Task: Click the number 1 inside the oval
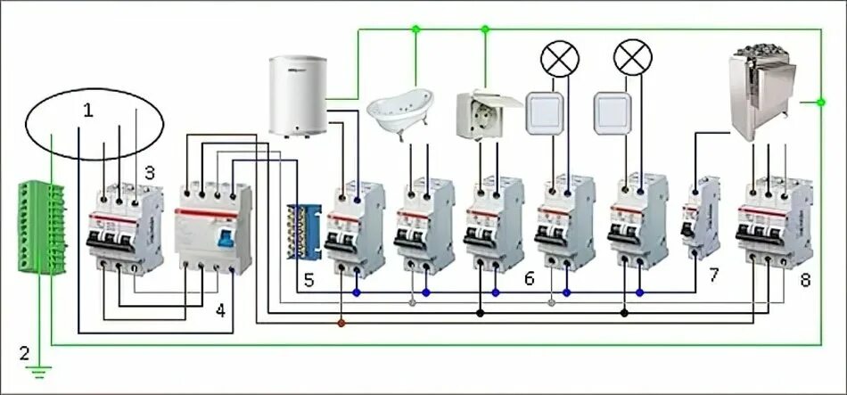[87, 111]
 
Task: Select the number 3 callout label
[150, 171]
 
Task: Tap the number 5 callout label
[308, 280]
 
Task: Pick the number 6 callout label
[529, 279]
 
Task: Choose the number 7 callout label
[713, 275]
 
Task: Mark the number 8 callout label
[805, 280]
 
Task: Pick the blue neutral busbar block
[304, 232]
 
